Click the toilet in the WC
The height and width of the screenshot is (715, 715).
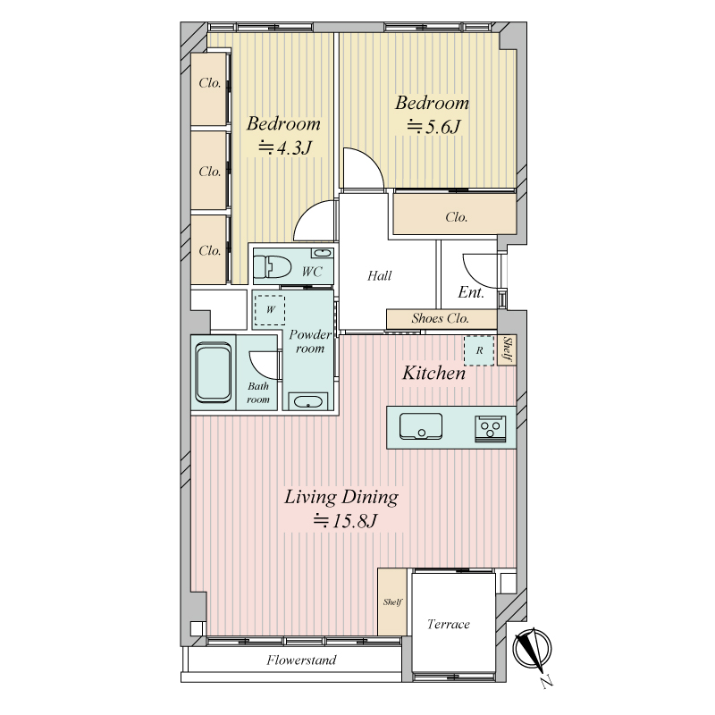[273, 266]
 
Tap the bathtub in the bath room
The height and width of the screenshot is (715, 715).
[213, 373]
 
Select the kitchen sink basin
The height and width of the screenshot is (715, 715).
[421, 426]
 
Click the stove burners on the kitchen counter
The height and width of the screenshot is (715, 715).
[490, 429]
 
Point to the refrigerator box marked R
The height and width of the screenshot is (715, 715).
[479, 350]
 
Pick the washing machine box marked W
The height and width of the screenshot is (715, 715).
[270, 310]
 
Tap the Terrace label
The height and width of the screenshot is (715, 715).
[449, 624]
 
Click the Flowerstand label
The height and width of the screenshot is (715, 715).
[301, 660]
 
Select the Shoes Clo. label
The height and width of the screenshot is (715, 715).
[440, 318]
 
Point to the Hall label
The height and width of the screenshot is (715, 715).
[379, 275]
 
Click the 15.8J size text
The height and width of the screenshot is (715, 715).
[345, 520]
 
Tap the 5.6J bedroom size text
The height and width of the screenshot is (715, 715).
[433, 127]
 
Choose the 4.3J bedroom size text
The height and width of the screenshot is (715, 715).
[285, 147]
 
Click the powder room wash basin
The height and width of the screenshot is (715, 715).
[307, 401]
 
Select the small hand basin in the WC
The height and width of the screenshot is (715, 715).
[322, 253]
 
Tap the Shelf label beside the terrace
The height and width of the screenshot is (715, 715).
[392, 601]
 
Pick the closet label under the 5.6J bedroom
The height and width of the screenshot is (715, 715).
[457, 216]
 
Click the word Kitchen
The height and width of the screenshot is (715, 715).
[433, 373]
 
